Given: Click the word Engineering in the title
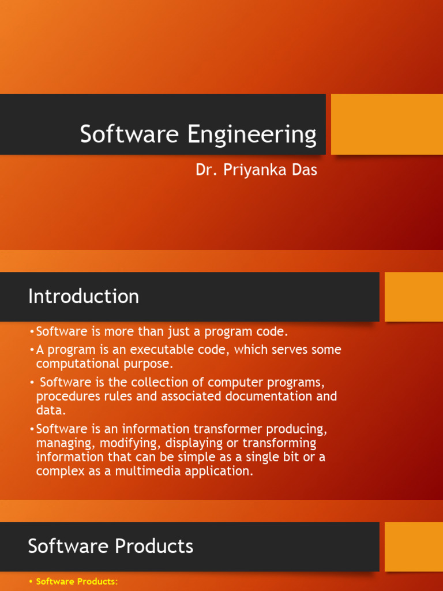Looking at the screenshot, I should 251,135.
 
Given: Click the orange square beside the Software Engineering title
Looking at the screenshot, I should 386,124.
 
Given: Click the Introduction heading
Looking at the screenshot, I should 84,297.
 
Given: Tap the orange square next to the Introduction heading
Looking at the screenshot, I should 413,297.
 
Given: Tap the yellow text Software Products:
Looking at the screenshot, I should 77,582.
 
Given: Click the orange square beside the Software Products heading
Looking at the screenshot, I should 413,547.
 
